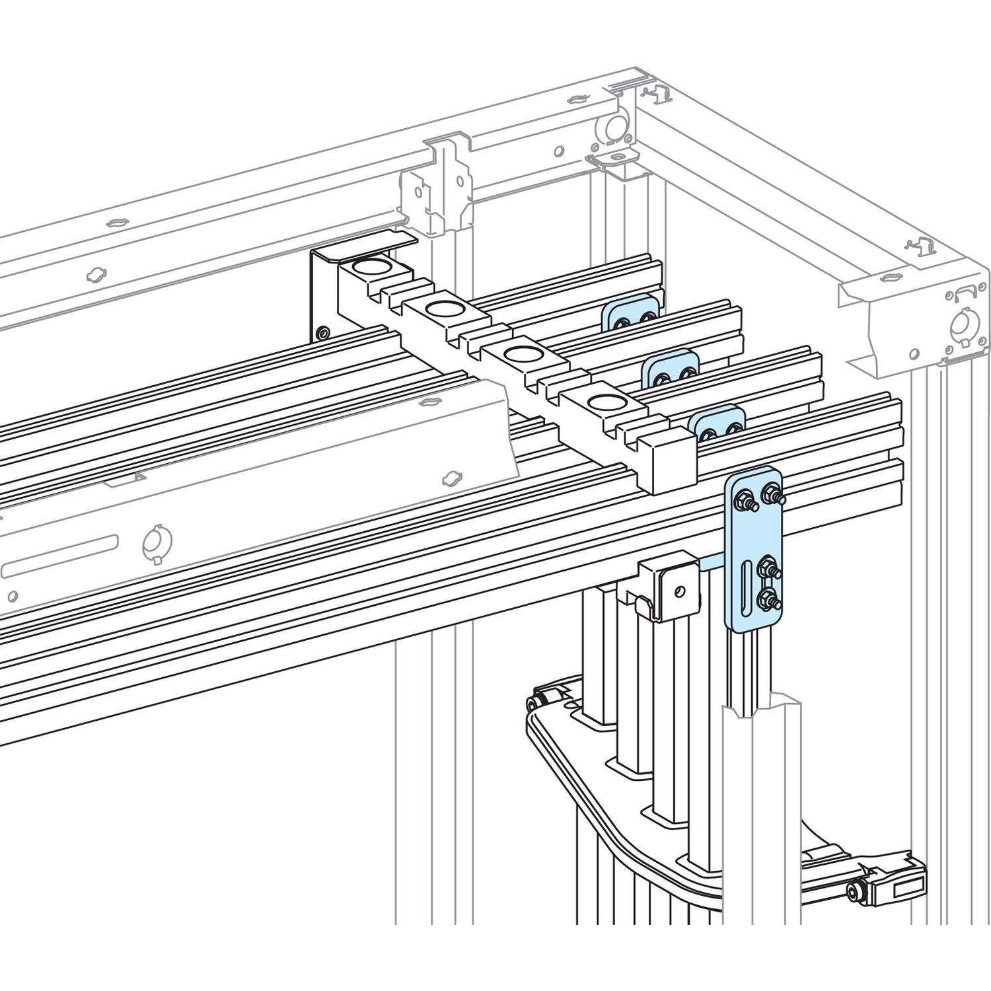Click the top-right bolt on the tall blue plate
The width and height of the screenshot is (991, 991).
tap(770, 493)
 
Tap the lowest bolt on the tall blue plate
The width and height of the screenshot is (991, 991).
tap(768, 600)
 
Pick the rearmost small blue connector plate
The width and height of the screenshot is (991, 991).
tap(631, 314)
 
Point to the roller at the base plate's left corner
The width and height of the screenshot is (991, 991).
tap(539, 702)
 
